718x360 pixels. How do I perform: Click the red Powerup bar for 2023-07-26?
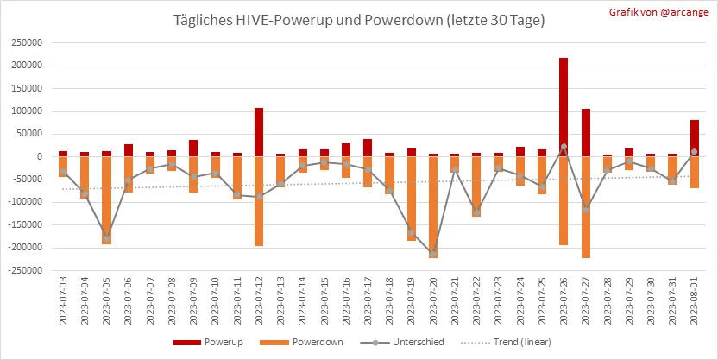(x=564, y=107)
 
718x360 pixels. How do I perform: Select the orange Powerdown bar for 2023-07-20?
(x=433, y=207)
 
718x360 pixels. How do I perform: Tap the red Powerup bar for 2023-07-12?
(x=259, y=132)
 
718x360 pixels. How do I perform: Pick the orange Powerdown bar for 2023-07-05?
(x=106, y=200)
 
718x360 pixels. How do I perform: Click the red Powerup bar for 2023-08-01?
(x=694, y=138)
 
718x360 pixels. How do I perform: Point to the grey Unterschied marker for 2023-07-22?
(x=476, y=212)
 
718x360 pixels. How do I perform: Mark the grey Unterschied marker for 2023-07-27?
(x=586, y=210)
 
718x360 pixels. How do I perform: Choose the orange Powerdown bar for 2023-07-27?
(x=586, y=207)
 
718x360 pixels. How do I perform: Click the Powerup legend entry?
(x=207, y=342)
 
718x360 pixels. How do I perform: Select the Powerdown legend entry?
(x=301, y=342)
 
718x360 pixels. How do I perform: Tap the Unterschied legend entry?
(x=402, y=342)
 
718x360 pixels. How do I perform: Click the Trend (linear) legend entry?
(x=506, y=342)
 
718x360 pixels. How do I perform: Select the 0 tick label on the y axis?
(x=40, y=156)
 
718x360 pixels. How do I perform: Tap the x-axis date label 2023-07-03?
(x=63, y=300)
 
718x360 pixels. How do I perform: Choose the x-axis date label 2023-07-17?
(x=368, y=300)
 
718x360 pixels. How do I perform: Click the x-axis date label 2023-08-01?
(x=695, y=300)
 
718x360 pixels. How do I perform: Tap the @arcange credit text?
(x=683, y=12)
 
